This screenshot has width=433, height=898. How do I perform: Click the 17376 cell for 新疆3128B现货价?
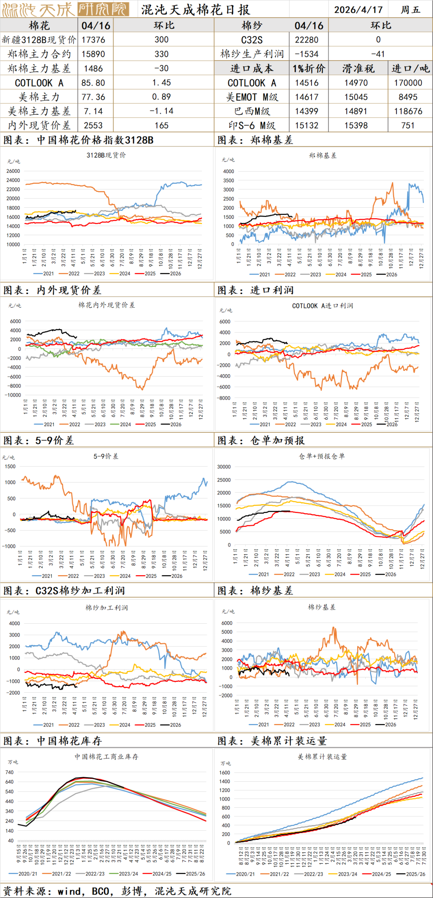click(93, 40)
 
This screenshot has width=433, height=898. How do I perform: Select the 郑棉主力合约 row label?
click(39, 54)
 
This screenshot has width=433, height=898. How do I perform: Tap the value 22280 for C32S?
click(307, 40)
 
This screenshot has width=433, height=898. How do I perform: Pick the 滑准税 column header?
click(358, 69)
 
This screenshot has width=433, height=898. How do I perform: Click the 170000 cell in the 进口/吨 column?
click(408, 83)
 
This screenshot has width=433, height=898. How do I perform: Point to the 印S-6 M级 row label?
click(252, 126)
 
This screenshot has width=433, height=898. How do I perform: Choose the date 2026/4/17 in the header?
click(358, 10)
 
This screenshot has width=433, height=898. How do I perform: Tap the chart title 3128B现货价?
click(106, 155)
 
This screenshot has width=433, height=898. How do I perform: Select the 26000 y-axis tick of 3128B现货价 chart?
click(13, 171)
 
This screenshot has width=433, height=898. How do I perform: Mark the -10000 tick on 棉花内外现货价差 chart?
click(13, 395)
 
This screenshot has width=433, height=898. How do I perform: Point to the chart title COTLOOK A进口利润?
click(322, 306)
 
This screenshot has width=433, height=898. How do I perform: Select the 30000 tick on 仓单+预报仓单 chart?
click(224, 467)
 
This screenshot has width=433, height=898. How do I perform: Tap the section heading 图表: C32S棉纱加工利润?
click(64, 590)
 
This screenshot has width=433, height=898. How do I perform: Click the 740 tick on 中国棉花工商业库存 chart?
click(10, 772)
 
